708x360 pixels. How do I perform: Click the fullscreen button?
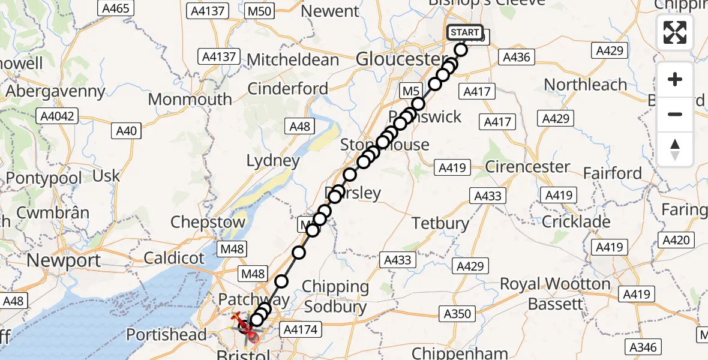pos(675,32)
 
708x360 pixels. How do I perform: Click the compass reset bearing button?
pos(675,149)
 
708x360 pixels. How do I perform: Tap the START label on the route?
pos(464,32)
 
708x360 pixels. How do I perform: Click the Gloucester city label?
pos(398,59)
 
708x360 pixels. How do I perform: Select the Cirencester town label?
pos(527,166)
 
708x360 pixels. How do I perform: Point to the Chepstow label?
pos(208,222)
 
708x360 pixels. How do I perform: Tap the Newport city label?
pos(64,260)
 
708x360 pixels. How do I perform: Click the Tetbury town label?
pos(440,223)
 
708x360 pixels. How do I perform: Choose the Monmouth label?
pos(190,99)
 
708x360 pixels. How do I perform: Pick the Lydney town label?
pos(273,160)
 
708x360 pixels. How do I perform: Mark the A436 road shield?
pos(516,57)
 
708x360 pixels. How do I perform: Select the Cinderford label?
pos(287,89)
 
